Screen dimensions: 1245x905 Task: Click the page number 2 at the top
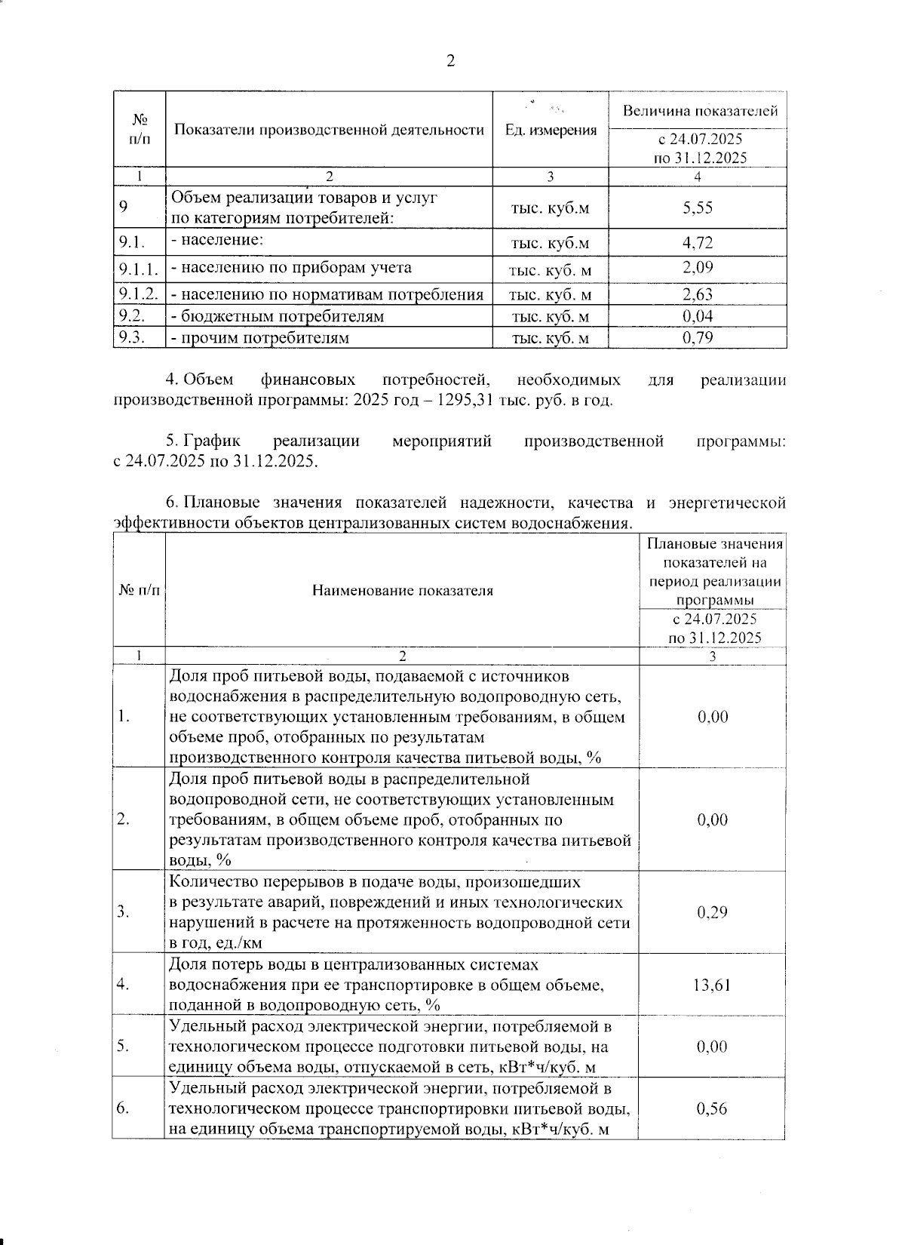(x=451, y=62)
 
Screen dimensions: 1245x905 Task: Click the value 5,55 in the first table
(x=698, y=207)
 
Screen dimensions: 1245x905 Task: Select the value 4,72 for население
(x=698, y=243)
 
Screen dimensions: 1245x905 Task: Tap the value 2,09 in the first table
(x=698, y=268)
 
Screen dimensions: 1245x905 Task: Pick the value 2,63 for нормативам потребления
(x=698, y=294)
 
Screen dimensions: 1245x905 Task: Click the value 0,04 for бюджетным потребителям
(x=698, y=316)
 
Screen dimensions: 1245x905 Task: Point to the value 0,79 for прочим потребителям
(x=698, y=337)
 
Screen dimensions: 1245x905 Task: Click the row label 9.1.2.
(x=138, y=294)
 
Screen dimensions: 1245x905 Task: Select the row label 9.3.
(x=132, y=337)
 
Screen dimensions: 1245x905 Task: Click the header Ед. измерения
(x=551, y=131)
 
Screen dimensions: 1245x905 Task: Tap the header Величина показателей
(x=700, y=112)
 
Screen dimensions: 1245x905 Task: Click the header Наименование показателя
(x=403, y=591)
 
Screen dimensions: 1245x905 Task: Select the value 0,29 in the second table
(x=713, y=912)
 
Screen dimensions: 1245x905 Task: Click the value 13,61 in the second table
(x=713, y=985)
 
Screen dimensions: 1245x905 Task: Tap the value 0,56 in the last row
(x=713, y=1108)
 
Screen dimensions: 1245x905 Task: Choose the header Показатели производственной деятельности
(x=329, y=131)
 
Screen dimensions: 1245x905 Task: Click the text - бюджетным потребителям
(x=278, y=316)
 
